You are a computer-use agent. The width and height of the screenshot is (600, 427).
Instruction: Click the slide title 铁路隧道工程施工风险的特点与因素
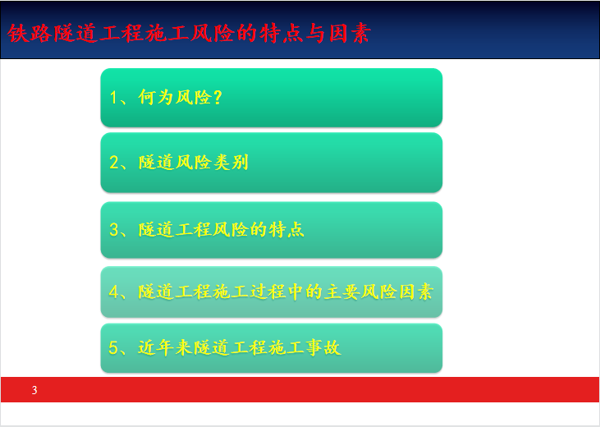(189, 33)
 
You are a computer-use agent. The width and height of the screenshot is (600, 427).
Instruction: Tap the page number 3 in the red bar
(34, 390)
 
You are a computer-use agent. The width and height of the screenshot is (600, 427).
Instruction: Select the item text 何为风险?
(181, 97)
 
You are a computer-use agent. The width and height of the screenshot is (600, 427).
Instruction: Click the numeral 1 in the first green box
(113, 97)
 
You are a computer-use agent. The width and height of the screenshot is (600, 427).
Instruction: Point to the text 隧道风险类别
(194, 163)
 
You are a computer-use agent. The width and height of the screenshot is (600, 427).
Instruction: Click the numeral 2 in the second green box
(114, 163)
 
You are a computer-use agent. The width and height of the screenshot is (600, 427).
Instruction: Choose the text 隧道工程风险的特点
(221, 230)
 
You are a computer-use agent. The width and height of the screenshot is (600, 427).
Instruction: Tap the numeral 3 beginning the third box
(113, 230)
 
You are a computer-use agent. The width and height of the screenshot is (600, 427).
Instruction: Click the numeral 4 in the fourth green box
(114, 292)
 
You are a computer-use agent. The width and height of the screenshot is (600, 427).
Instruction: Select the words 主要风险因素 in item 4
(379, 292)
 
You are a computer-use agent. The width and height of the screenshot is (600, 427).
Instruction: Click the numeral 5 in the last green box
(113, 347)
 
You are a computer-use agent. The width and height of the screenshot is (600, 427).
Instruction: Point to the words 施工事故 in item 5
(304, 347)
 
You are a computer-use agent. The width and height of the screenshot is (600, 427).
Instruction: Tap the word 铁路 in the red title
(30, 33)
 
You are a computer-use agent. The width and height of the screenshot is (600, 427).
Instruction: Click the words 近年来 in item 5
(165, 347)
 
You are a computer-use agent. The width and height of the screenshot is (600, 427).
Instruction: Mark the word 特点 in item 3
(286, 230)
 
